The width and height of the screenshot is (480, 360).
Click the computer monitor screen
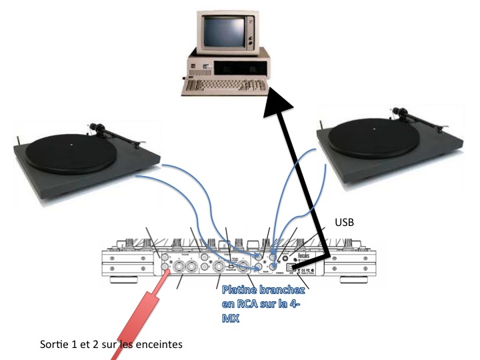tap(226, 29)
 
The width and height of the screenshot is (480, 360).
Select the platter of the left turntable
tap(74, 145)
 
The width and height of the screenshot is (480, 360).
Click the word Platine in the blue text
tap(241, 291)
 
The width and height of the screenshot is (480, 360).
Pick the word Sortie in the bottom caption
tap(54, 345)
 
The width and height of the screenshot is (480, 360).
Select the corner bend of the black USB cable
tap(329, 254)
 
